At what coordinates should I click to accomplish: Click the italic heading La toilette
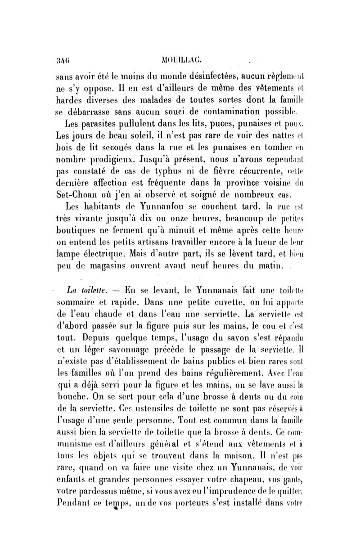85,289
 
